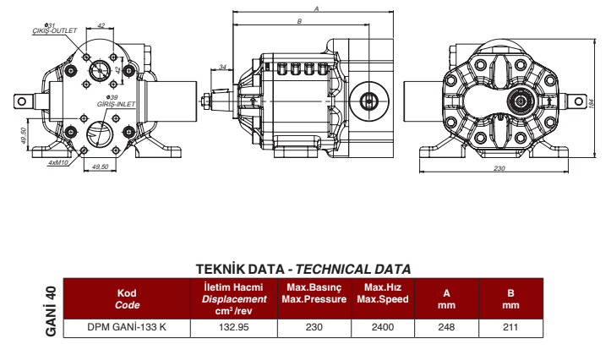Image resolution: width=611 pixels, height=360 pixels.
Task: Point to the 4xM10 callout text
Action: pyautogui.click(x=57, y=161)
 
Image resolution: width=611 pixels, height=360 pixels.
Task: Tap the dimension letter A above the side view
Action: pyautogui.click(x=314, y=8)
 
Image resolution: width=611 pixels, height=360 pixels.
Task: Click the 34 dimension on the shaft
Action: pyautogui.click(x=222, y=66)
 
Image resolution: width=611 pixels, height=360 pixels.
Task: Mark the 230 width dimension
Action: pyautogui.click(x=499, y=169)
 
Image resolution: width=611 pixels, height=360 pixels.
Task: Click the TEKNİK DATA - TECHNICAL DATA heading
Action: pyautogui.click(x=303, y=269)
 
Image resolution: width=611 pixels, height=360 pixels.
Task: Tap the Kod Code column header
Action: pyautogui.click(x=127, y=299)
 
